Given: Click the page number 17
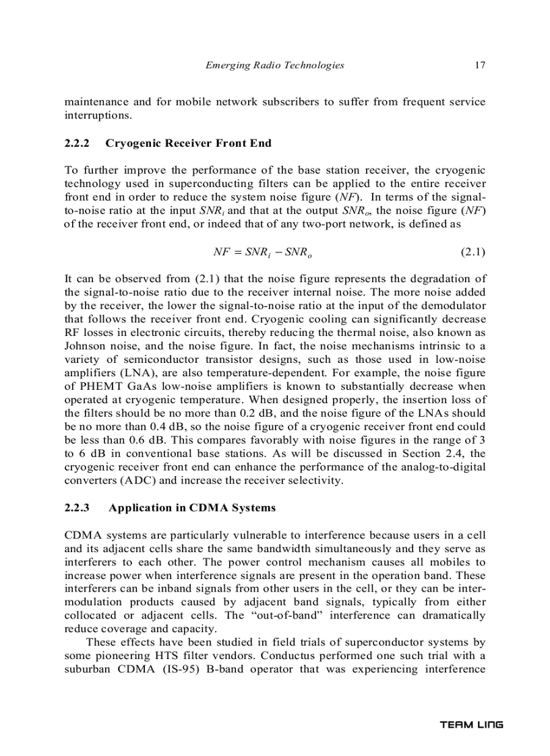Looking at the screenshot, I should click(x=480, y=65).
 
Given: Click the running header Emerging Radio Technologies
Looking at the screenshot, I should click(x=274, y=65).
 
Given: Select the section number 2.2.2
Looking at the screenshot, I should click(x=78, y=143).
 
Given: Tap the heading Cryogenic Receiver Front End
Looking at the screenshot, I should click(x=189, y=143).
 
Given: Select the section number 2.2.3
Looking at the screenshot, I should click(x=78, y=507).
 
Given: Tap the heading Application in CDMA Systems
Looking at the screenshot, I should click(x=191, y=507).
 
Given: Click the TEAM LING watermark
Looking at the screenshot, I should click(x=471, y=725).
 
